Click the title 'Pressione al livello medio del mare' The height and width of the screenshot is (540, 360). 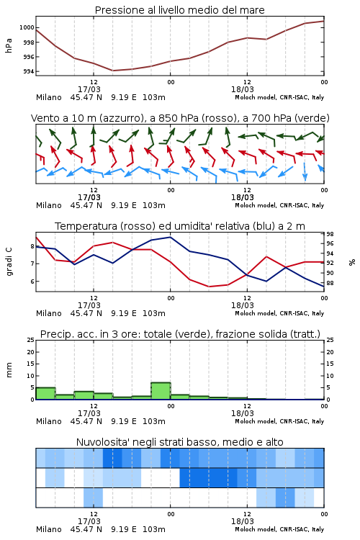pyautogui.click(x=179, y=10)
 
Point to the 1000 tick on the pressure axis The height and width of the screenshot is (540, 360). pyautogui.click(x=26, y=27)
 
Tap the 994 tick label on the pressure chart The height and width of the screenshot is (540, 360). pyautogui.click(x=28, y=71)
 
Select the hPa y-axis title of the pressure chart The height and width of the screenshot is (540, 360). pyautogui.click(x=9, y=45)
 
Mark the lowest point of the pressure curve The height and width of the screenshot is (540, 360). pyautogui.click(x=112, y=71)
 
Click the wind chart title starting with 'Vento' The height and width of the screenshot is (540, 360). pyautogui.click(x=180, y=118)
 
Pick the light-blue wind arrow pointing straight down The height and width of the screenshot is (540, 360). pyautogui.click(x=305, y=171)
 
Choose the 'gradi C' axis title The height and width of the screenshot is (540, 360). pyautogui.click(x=9, y=262)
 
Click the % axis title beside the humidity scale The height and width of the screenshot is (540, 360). pyautogui.click(x=352, y=262)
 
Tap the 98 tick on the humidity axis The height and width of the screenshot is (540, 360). pyautogui.click(x=330, y=234)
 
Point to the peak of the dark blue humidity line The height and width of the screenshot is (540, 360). pyautogui.click(x=170, y=237)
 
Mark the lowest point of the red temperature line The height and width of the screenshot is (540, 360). pyautogui.click(x=209, y=287)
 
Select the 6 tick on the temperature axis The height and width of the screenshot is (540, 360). pyautogui.click(x=32, y=282)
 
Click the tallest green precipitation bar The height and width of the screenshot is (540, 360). pyautogui.click(x=161, y=391)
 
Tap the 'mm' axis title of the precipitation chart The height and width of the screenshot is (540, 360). pyautogui.click(x=9, y=370)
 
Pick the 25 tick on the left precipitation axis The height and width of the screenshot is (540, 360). pyautogui.click(x=30, y=341)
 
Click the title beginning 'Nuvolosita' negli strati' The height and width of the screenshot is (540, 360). pyautogui.click(x=179, y=442)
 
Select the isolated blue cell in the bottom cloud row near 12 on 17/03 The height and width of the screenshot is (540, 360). pyautogui.click(x=93, y=498)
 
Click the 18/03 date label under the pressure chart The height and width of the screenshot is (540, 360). pyautogui.click(x=242, y=89)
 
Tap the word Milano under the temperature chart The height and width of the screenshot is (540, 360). pyautogui.click(x=48, y=313)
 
